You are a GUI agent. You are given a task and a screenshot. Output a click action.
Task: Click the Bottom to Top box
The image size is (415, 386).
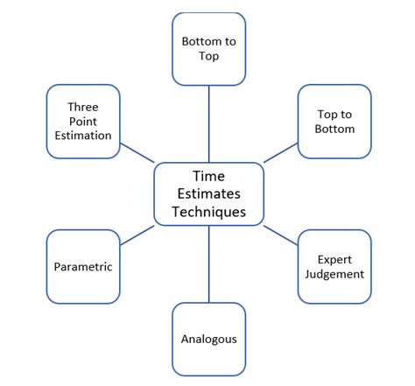pyautogui.click(x=208, y=49)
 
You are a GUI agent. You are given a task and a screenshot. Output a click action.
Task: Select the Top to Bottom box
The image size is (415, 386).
pyautogui.click(x=334, y=122)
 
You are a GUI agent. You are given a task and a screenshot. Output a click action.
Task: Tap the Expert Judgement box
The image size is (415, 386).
pyautogui.click(x=334, y=267)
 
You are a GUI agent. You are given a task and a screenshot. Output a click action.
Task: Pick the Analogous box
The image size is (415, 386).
pyautogui.click(x=208, y=339)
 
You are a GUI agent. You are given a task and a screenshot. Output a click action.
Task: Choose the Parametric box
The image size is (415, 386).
pyautogui.click(x=83, y=267)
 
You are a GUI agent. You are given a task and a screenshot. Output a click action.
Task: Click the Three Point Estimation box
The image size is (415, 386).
pyautogui.click(x=83, y=122)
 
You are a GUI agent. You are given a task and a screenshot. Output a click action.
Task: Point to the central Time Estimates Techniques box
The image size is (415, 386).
pyautogui.click(x=208, y=194)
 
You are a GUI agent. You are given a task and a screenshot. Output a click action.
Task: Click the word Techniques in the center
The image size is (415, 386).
pyautogui.click(x=208, y=212)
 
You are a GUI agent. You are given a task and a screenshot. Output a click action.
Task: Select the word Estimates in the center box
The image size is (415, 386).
pyautogui.click(x=208, y=194)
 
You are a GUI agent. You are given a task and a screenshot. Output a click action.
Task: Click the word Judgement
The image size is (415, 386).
pyautogui.click(x=334, y=275)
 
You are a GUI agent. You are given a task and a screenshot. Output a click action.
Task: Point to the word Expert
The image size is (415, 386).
pyautogui.click(x=334, y=259)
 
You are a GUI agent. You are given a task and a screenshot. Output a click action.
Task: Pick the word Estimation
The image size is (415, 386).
pyautogui.click(x=83, y=136)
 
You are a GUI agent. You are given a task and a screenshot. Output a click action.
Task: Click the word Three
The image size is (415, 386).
pyautogui.click(x=83, y=107)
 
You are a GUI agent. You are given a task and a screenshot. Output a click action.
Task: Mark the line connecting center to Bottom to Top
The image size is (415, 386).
pyautogui.click(x=208, y=123)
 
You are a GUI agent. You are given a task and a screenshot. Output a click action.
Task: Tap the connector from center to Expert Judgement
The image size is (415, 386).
pyautogui.click(x=280, y=235)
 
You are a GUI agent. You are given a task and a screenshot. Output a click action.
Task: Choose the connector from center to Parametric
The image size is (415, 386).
pyautogui.click(x=137, y=235)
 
